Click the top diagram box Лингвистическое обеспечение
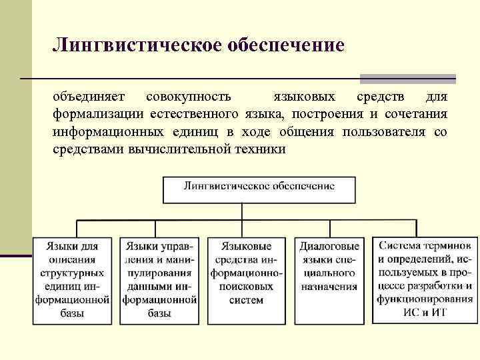click(x=259, y=188)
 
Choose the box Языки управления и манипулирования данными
click(x=160, y=279)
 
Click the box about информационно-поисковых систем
click(x=247, y=279)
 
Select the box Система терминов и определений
click(x=425, y=279)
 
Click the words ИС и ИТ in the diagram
click(x=425, y=312)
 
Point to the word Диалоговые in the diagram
click(x=329, y=246)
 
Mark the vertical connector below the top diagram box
click(x=259, y=212)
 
